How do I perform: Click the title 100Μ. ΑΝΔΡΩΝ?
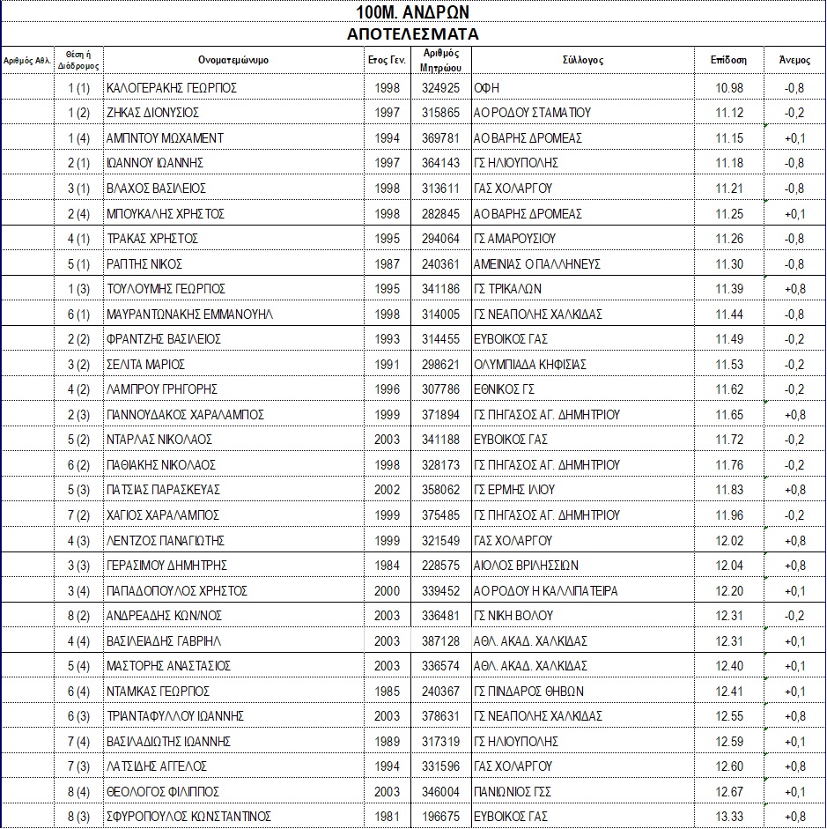coord(413,11)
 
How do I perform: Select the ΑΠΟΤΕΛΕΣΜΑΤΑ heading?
coord(413,34)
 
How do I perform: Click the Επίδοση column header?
coord(728,60)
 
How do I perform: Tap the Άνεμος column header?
coord(794,60)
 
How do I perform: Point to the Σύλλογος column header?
coord(582,60)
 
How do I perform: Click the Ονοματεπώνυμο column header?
coord(233,60)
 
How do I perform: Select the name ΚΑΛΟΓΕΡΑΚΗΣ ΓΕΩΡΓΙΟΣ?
coord(172,88)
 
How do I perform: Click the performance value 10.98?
coord(729,88)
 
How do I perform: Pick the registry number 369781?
coord(440,138)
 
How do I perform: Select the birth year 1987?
coord(387,263)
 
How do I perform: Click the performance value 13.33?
coord(729,817)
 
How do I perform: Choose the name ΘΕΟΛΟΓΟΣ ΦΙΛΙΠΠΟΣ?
coord(162,792)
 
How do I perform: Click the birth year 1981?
coord(387,817)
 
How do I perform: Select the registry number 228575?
coord(440,565)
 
